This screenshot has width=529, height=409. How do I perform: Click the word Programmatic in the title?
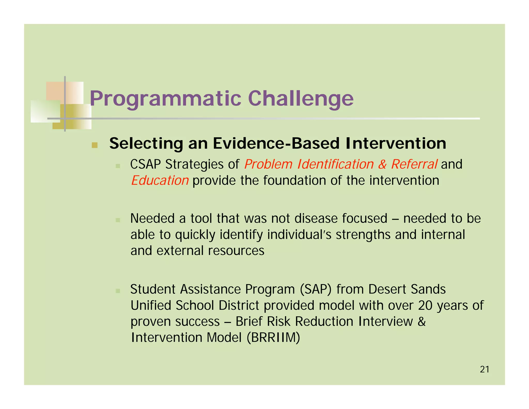pyautogui.click(x=165, y=99)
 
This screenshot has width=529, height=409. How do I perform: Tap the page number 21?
pyautogui.click(x=484, y=369)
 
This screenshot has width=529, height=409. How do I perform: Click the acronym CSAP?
pyautogui.click(x=145, y=164)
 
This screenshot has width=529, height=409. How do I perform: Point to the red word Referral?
pyautogui.click(x=414, y=164)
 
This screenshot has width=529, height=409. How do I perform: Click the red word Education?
pyautogui.click(x=160, y=180)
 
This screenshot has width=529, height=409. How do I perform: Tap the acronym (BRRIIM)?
pyautogui.click(x=273, y=337)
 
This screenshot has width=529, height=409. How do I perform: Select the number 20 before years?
pyautogui.click(x=425, y=306)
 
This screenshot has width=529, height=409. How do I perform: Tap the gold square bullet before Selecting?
pyautogui.click(x=95, y=145)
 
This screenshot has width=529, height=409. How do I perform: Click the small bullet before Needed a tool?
pyautogui.click(x=118, y=220)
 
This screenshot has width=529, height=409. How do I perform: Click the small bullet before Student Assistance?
pyautogui.click(x=118, y=291)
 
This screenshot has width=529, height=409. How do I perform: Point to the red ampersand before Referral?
pyautogui.click(x=382, y=164)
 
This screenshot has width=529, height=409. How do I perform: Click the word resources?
pyautogui.click(x=236, y=251)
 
